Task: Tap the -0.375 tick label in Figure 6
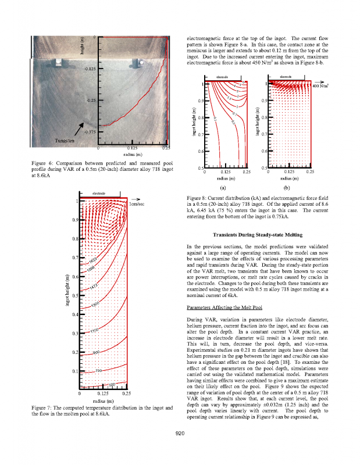[90, 131]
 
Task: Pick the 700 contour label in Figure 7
[98, 370]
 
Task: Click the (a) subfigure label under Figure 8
[223, 188]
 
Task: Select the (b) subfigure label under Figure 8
[286, 188]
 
